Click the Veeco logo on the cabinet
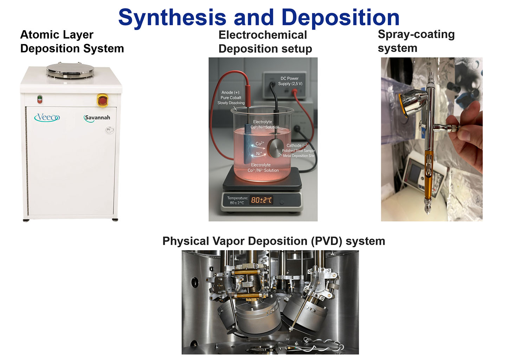[47, 117]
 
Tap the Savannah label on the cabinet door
[97, 118]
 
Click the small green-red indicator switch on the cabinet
[40, 99]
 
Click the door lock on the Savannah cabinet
[109, 130]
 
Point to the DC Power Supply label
[290, 81]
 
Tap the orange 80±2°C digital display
[261, 200]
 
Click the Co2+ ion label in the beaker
[260, 143]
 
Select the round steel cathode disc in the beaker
[275, 148]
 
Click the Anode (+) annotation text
[231, 98]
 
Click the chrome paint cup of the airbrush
[413, 103]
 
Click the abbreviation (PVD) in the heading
[326, 242]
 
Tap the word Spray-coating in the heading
[416, 35]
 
